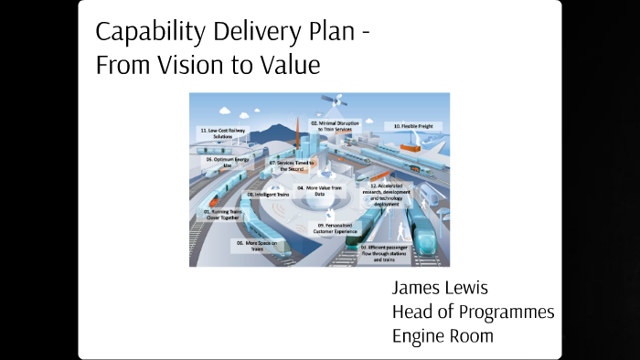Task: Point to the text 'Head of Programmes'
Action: [473, 312]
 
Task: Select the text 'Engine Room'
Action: [443, 335]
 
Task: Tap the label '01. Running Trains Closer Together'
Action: [222, 215]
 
